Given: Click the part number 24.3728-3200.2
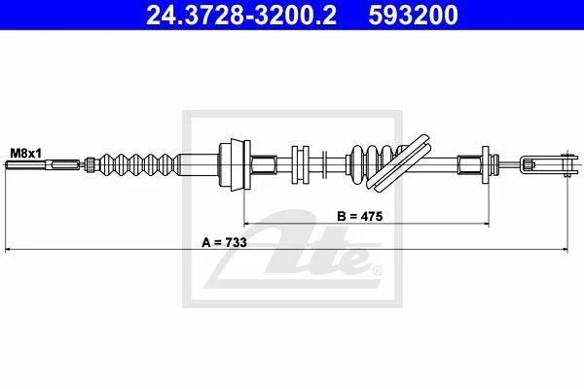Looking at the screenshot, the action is click(241, 16).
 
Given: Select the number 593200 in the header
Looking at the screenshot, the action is click(413, 16).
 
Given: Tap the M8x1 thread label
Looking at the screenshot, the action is click(26, 153).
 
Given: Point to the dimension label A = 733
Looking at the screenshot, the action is click(224, 242).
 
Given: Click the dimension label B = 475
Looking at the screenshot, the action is click(360, 216).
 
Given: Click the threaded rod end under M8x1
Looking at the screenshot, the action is click(43, 164).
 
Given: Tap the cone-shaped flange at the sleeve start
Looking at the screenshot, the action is click(235, 164).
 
